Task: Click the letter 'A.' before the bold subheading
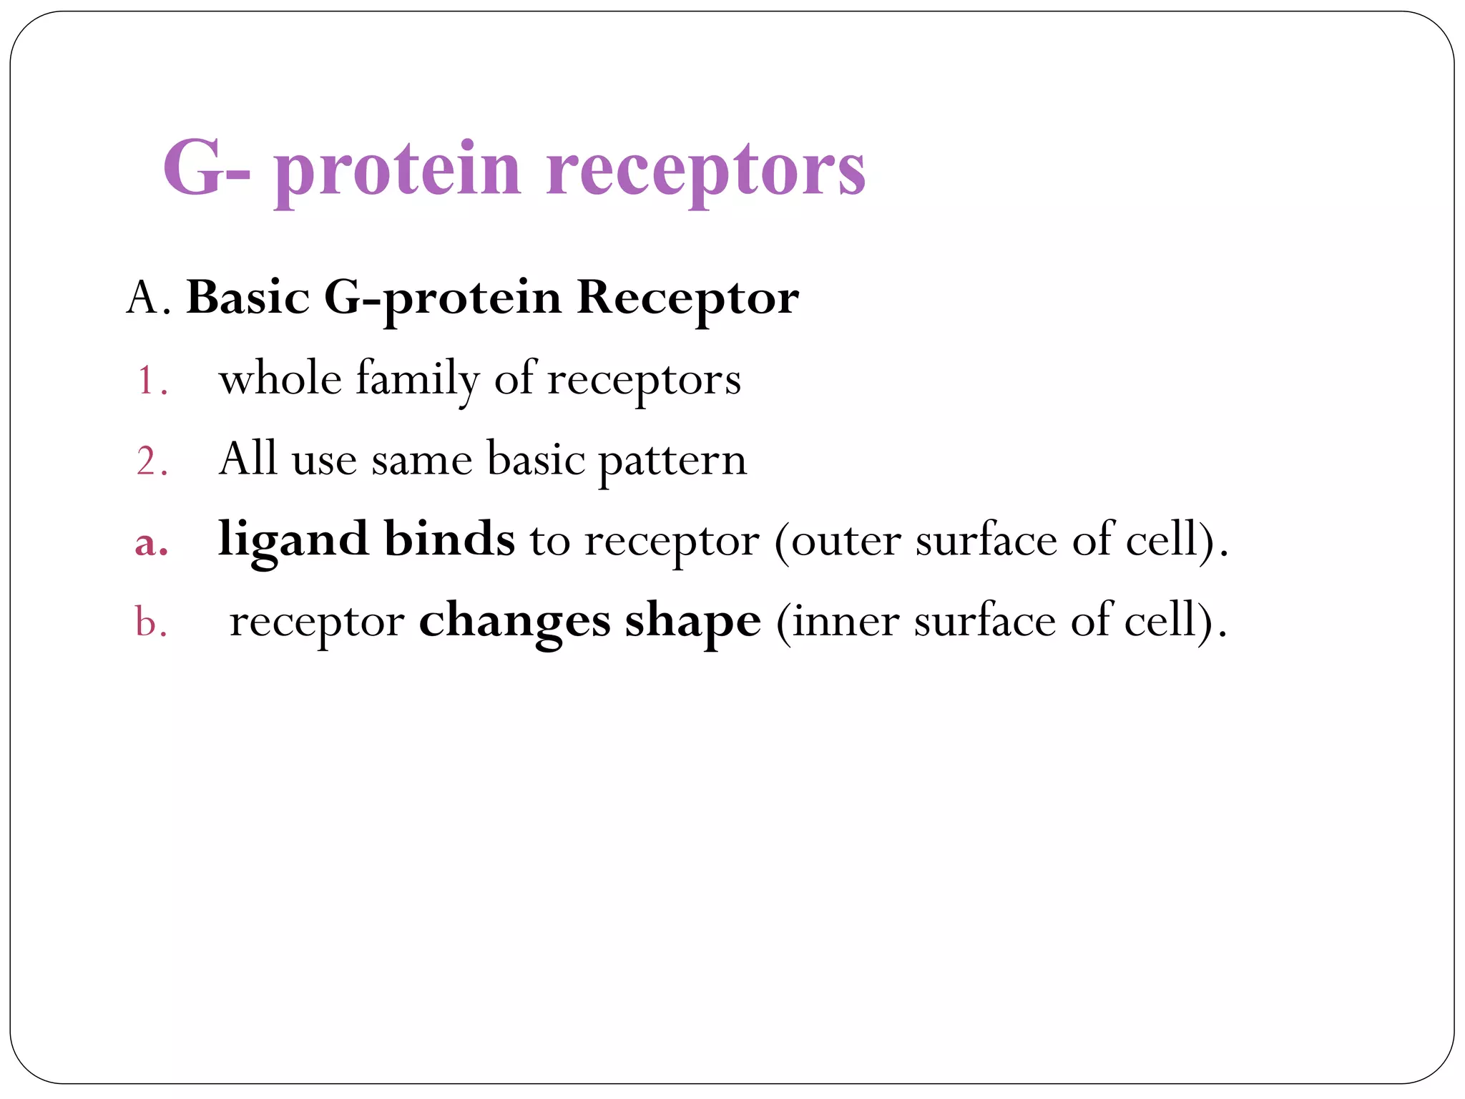tap(148, 298)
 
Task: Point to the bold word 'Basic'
tap(248, 298)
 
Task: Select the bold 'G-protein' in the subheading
tap(442, 298)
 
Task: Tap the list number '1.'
tap(152, 381)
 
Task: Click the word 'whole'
tap(280, 378)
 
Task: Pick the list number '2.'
tap(152, 461)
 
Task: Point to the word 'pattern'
tap(672, 461)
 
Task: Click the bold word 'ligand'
tap(293, 541)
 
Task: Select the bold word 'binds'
tap(449, 539)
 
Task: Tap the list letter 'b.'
tap(151, 621)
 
